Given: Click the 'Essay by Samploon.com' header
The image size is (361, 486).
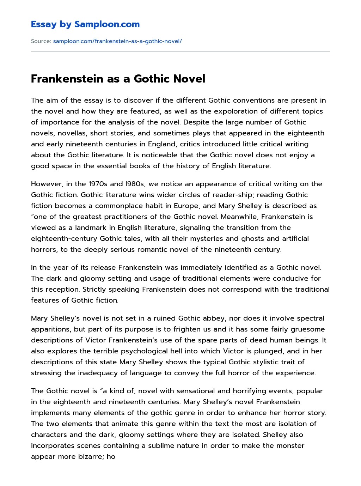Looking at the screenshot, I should tap(85, 24).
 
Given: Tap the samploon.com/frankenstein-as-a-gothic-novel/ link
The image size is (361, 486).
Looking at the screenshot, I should tap(117, 41).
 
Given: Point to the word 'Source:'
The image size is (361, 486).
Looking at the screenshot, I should tap(41, 41).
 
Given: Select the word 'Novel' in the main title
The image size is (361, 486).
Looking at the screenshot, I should tap(188, 79).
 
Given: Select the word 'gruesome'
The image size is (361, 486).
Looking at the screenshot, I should tap(309, 329).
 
